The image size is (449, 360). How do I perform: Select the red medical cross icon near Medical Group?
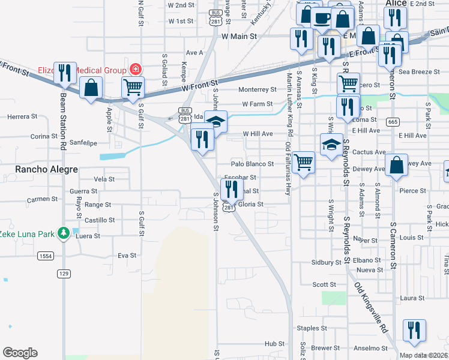point(136,69)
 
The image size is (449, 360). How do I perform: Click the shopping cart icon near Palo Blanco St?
point(304,161)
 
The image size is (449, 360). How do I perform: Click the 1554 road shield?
point(45,256)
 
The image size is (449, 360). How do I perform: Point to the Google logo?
point(20,353)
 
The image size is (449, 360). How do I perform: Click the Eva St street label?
point(127,255)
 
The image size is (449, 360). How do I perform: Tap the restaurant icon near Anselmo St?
point(414,330)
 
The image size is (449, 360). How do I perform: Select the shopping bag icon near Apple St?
point(91,88)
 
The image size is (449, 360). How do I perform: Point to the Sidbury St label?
point(327,262)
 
